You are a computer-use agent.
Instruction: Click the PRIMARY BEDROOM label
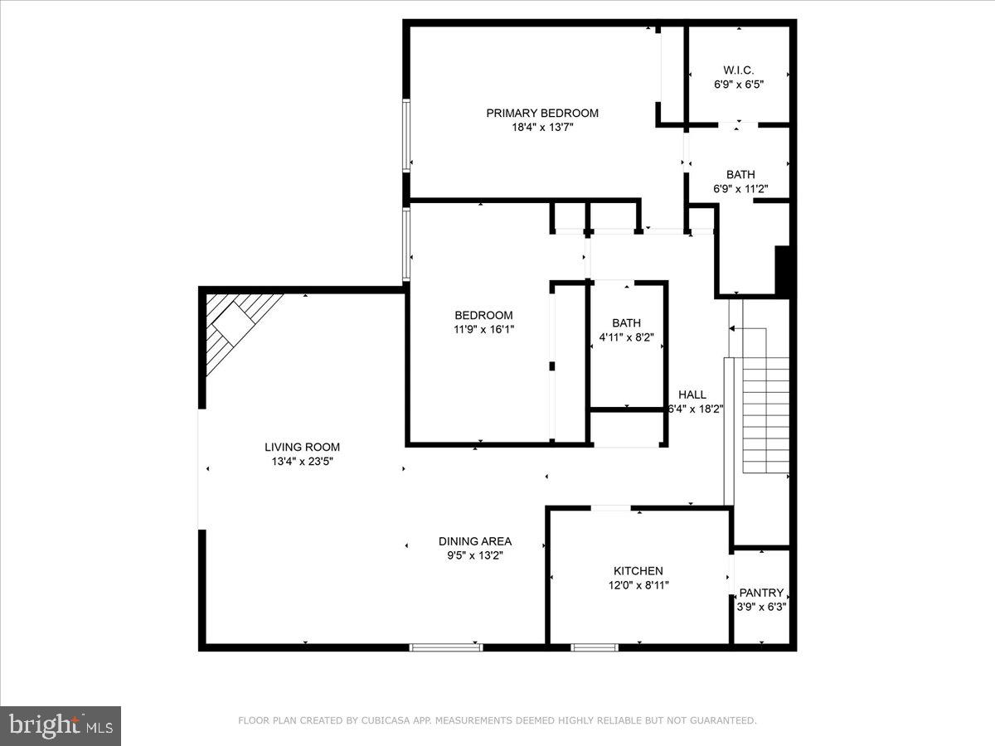pyautogui.click(x=542, y=113)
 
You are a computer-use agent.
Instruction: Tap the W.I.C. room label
pyautogui.click(x=738, y=70)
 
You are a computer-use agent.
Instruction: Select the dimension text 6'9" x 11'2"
pyautogui.click(x=740, y=188)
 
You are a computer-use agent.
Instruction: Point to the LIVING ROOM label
pyautogui.click(x=302, y=447)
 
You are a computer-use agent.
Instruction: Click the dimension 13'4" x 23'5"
pyautogui.click(x=302, y=461)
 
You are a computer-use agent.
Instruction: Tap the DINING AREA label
pyautogui.click(x=474, y=541)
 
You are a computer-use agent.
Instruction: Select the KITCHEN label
pyautogui.click(x=638, y=570)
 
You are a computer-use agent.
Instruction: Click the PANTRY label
pyautogui.click(x=761, y=592)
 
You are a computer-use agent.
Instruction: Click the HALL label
pyautogui.click(x=692, y=395)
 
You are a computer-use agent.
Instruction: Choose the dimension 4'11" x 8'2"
pyautogui.click(x=626, y=337)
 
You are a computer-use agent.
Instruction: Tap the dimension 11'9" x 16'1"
pyautogui.click(x=483, y=329)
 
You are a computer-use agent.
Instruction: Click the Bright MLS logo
pyautogui.click(x=61, y=725)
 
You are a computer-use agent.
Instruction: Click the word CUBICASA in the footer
pyautogui.click(x=384, y=720)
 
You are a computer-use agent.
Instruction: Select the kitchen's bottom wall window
pyautogui.click(x=595, y=647)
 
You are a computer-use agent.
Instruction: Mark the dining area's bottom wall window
pyautogui.click(x=446, y=647)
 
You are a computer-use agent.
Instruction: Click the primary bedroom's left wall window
pyautogui.click(x=406, y=135)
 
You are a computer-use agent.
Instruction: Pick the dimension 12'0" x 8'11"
pyautogui.click(x=638, y=584)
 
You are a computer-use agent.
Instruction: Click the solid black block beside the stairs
pyautogui.click(x=782, y=270)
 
